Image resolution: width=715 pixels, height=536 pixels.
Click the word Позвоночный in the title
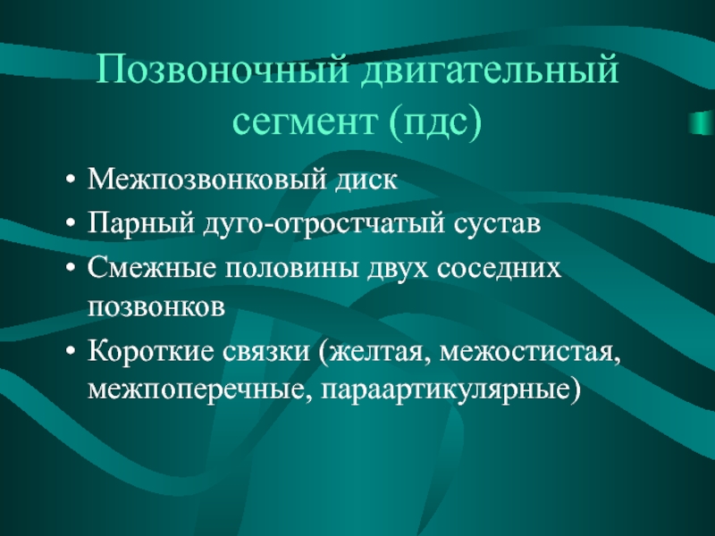click(x=222, y=70)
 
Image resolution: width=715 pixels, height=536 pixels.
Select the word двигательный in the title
click(x=490, y=71)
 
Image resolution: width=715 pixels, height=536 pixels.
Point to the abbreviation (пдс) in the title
click(x=435, y=121)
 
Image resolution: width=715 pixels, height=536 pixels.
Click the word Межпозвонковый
click(x=207, y=180)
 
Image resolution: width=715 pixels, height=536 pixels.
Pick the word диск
click(x=367, y=180)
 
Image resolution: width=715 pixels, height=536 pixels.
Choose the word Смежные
click(x=151, y=267)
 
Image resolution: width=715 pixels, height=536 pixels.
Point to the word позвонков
click(x=156, y=307)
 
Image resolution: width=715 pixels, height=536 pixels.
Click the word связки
click(x=266, y=353)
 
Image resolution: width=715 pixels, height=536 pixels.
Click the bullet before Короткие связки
click(x=70, y=352)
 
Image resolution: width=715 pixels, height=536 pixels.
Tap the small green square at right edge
click(x=702, y=122)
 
